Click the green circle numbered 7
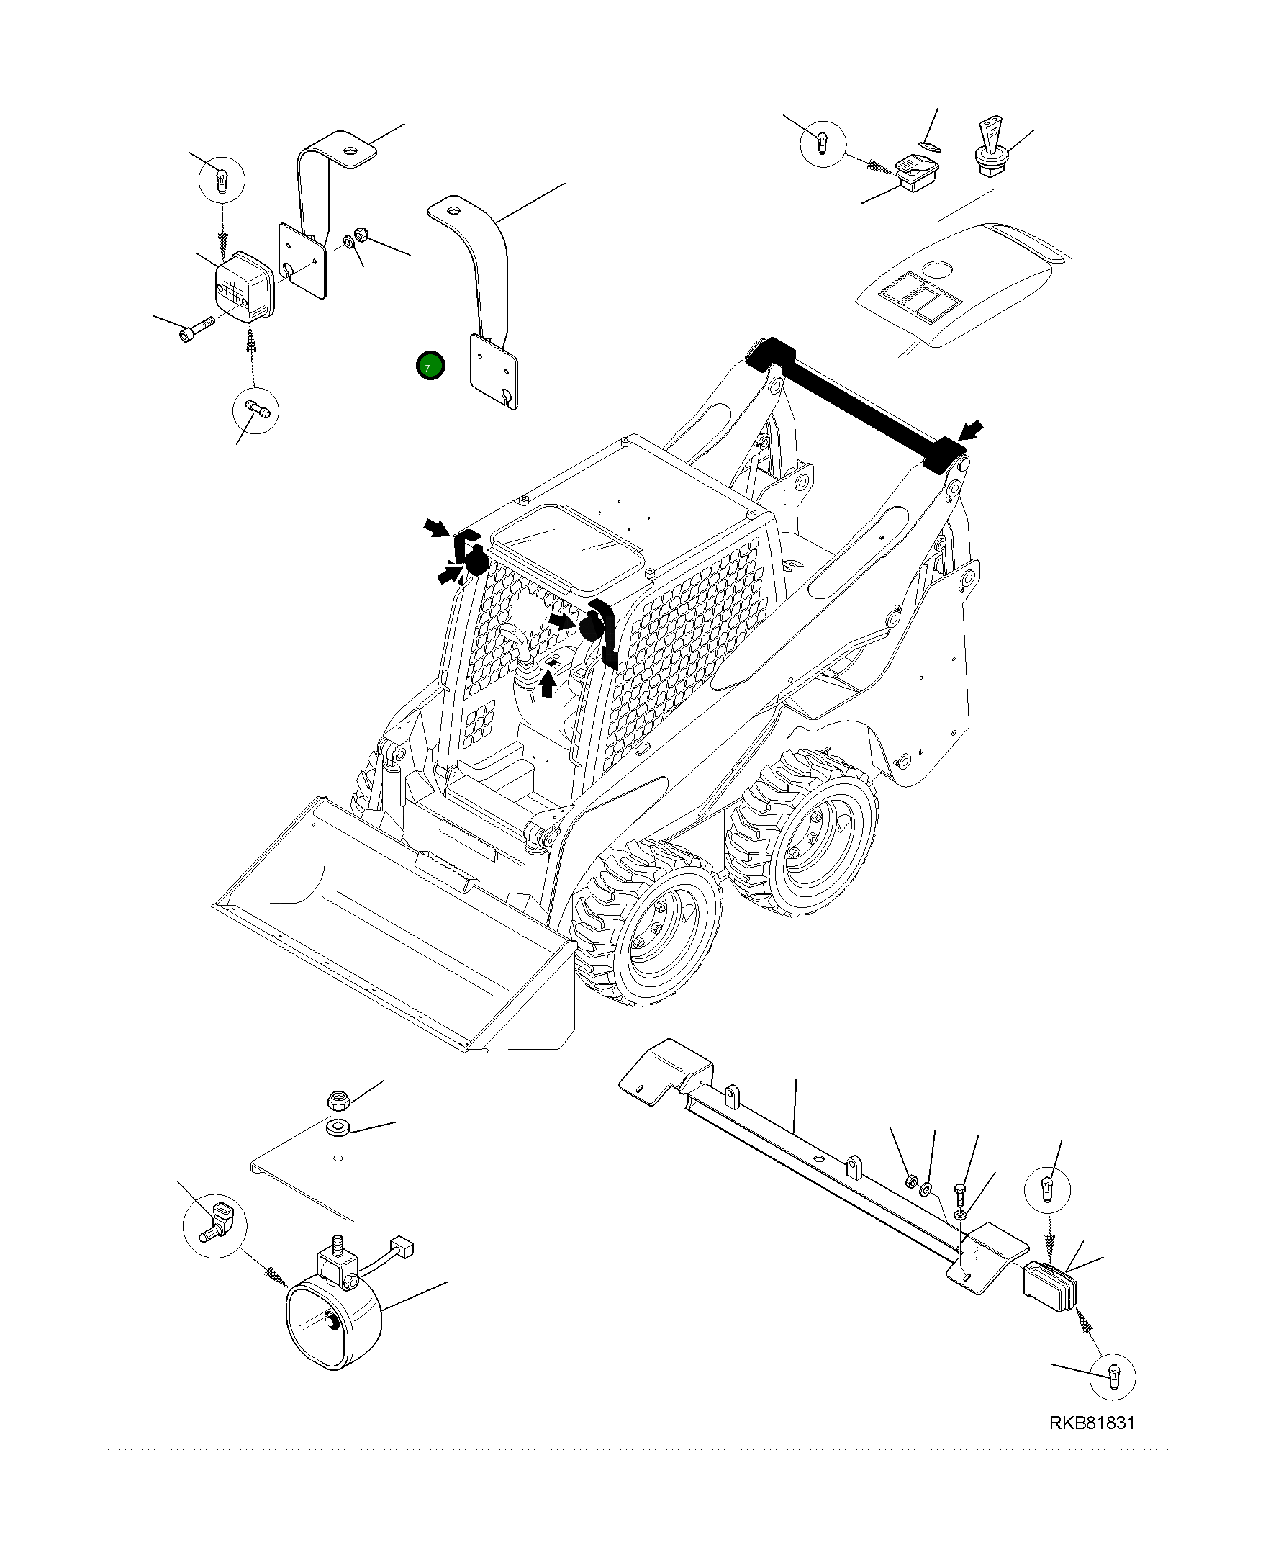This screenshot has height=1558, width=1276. pos(430,366)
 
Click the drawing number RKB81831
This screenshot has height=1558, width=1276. pos(1092,1444)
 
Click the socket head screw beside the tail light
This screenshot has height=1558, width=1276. pos(196,328)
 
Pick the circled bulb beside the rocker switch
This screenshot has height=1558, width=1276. pos(823,143)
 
